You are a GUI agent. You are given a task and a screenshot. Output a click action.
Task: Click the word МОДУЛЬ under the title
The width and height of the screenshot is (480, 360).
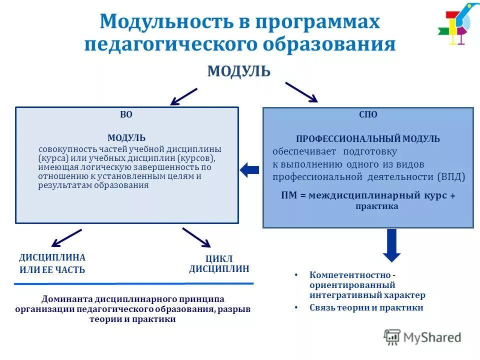tap(239, 71)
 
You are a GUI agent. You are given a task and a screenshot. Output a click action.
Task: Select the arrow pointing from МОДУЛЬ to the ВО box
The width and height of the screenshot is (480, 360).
tap(183, 96)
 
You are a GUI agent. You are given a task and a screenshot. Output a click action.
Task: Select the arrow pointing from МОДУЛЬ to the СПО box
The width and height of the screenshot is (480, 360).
tap(301, 92)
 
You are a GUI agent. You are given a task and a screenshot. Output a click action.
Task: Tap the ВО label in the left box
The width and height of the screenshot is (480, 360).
tap(126, 114)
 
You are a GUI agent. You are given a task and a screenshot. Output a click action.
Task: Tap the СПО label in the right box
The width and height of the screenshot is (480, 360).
tap(368, 114)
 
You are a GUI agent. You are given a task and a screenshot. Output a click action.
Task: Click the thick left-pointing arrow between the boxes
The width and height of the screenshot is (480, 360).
tap(249, 170)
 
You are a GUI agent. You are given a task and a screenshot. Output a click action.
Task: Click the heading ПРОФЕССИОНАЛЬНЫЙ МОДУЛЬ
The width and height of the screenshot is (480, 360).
tap(368, 139)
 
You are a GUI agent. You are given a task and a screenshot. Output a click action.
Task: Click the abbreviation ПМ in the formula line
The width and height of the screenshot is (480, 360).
tap(289, 195)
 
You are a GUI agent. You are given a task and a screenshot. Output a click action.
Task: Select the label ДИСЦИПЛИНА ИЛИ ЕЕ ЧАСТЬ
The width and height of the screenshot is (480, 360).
tap(52, 263)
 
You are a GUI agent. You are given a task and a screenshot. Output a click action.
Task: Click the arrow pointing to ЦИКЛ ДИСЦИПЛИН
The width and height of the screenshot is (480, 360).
tap(196, 237)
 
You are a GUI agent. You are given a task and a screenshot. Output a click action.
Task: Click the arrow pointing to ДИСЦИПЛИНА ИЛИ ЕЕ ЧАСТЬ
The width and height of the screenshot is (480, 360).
tap(67, 237)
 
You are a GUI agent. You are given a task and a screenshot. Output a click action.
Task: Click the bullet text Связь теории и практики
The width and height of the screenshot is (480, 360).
tap(366, 307)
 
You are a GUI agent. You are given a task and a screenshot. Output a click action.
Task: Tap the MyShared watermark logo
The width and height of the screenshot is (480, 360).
tap(422, 337)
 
